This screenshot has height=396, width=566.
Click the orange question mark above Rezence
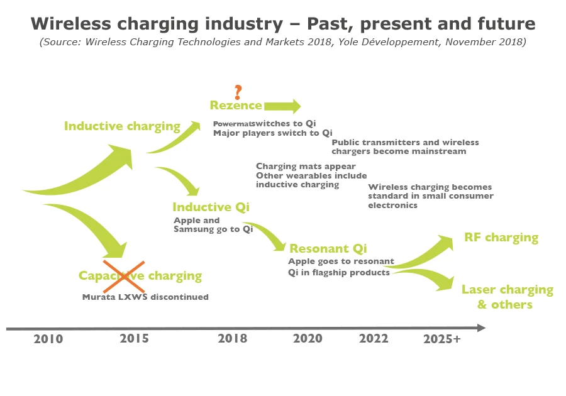click(x=238, y=92)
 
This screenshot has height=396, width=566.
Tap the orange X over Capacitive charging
click(x=125, y=275)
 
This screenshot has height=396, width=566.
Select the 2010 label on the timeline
click(x=48, y=339)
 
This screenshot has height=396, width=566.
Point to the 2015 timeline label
click(x=134, y=339)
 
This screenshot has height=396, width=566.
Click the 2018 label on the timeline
click(x=233, y=339)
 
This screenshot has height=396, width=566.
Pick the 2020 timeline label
click(x=308, y=339)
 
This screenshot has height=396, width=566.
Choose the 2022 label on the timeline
click(x=374, y=339)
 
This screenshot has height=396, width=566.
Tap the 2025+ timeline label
click(x=441, y=339)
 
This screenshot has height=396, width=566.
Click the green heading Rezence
click(x=236, y=106)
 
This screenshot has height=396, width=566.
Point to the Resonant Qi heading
click(x=328, y=248)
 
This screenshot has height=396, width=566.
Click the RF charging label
click(x=501, y=238)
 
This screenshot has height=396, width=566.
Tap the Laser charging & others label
click(x=507, y=297)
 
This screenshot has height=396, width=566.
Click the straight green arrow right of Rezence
click(x=282, y=106)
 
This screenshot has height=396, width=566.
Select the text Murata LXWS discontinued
click(x=145, y=297)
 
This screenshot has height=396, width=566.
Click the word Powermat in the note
click(x=234, y=123)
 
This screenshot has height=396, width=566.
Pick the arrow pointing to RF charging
click(x=421, y=251)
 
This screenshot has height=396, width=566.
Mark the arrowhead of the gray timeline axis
click(x=481, y=328)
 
